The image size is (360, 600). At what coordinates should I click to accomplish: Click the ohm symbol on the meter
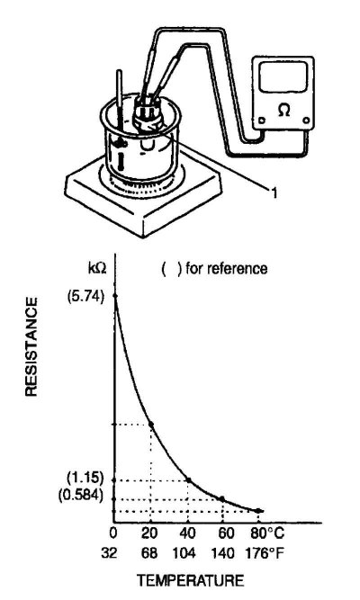pyautogui.click(x=283, y=111)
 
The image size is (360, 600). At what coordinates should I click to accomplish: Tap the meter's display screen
pyautogui.click(x=283, y=77)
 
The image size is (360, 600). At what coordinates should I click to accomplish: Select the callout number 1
pyautogui.click(x=274, y=193)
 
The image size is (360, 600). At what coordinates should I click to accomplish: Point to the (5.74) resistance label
pyautogui.click(x=85, y=297)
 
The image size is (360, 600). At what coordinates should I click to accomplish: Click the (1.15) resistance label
pyautogui.click(x=85, y=478)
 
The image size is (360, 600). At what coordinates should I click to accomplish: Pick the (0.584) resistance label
pyautogui.click(x=81, y=496)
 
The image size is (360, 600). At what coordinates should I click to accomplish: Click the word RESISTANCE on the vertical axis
pyautogui.click(x=31, y=346)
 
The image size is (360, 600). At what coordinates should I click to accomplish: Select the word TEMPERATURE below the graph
pyautogui.click(x=191, y=580)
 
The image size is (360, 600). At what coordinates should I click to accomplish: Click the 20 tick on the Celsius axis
pyautogui.click(x=149, y=533)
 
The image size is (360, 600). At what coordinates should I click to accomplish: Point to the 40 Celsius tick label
pyautogui.click(x=188, y=533)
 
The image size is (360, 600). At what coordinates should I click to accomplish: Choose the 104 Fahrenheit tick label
pyautogui.click(x=184, y=553)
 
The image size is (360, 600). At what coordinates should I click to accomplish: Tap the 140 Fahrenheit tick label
pyautogui.click(x=222, y=553)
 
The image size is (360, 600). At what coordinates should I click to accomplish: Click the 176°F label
pyautogui.click(x=265, y=553)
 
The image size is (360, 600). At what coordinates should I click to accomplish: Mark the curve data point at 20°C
pyautogui.click(x=151, y=424)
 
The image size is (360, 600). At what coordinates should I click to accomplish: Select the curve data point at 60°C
pyautogui.click(x=221, y=498)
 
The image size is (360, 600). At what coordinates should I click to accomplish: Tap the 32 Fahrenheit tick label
pyautogui.click(x=109, y=553)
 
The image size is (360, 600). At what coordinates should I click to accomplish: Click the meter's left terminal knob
pyautogui.click(x=262, y=121)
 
